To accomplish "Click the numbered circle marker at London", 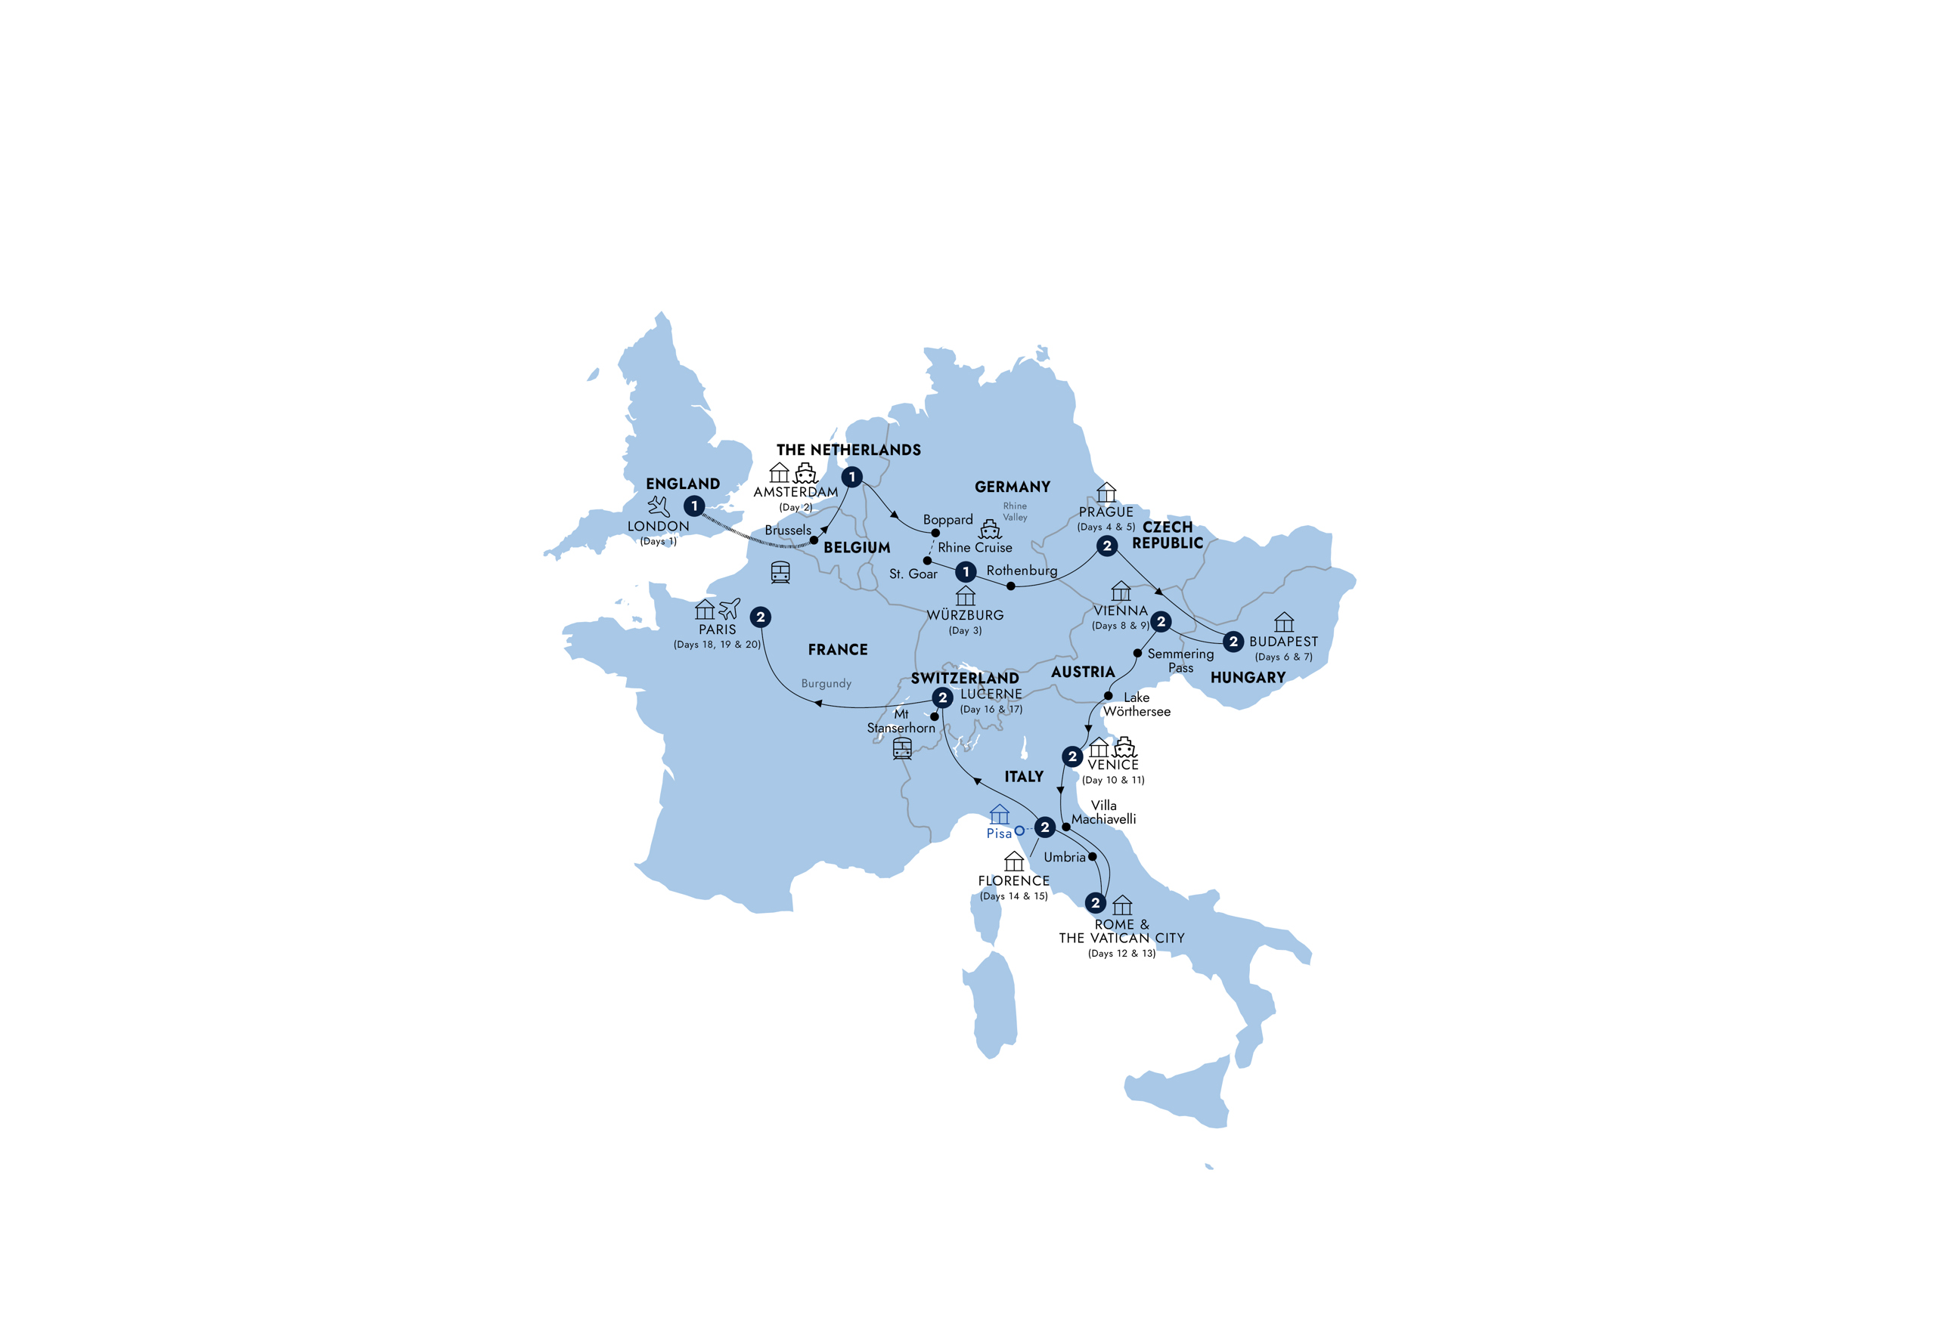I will (693, 506).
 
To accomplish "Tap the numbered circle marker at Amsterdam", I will (851, 477).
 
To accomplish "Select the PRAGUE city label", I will (1106, 512).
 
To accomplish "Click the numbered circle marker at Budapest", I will (1233, 642).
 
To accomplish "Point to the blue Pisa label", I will (999, 833).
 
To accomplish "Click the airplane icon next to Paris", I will (730, 608).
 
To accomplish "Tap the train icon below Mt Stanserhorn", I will (901, 748).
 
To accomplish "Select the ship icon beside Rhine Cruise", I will (989, 530).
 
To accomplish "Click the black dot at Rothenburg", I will (1010, 586).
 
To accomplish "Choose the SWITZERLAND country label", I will (965, 678).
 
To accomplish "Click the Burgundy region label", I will (826, 684).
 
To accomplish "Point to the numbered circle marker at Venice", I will (1072, 756).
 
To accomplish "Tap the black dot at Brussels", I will (814, 540).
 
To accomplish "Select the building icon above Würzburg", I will (965, 596).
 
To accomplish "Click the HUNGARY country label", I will (1248, 677).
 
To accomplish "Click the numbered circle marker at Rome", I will (1095, 903).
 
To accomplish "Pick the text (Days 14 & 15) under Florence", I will (1014, 896).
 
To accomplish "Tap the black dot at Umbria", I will (1092, 856).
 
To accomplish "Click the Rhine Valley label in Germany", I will (1015, 512).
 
